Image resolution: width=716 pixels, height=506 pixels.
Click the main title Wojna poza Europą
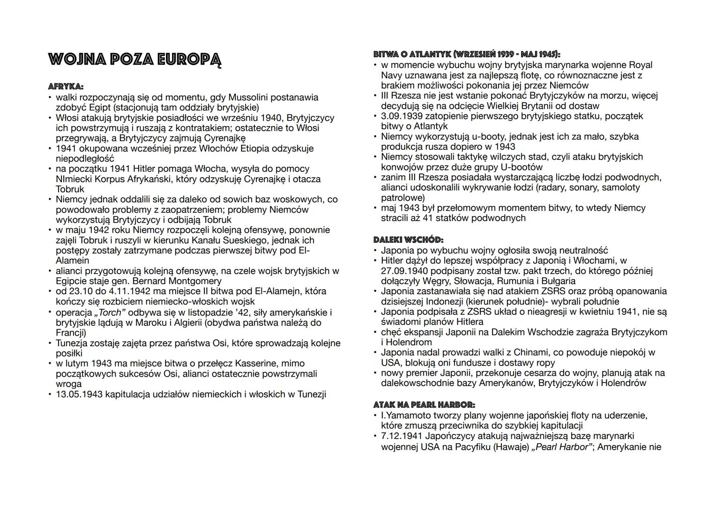[x=134, y=60]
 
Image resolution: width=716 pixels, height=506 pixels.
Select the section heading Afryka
[x=66, y=87]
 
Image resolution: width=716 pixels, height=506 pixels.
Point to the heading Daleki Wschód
[x=408, y=240]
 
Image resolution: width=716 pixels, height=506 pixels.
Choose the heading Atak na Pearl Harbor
[x=424, y=405]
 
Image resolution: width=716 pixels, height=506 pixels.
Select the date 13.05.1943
[x=79, y=394]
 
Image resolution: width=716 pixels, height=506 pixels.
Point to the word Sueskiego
[x=216, y=240]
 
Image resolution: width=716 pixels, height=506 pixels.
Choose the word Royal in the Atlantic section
[x=640, y=65]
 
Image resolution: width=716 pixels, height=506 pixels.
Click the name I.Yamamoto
[x=407, y=416]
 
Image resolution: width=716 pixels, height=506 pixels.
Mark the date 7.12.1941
[x=403, y=436]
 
